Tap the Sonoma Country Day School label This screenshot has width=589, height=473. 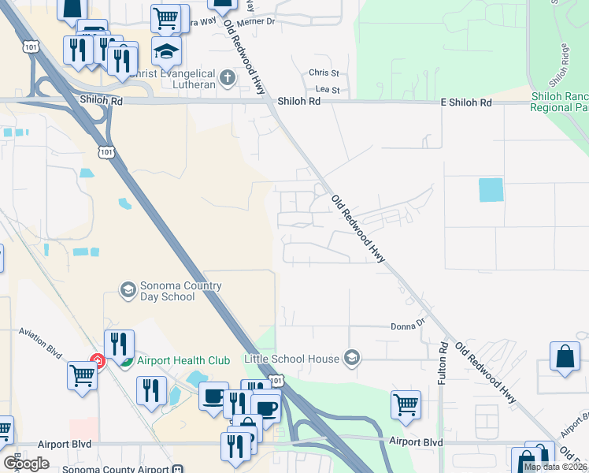click(x=167, y=291)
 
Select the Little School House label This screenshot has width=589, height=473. click(x=292, y=359)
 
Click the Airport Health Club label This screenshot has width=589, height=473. click(x=183, y=360)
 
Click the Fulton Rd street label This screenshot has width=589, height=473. click(x=444, y=363)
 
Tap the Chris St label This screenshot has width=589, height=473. click(x=324, y=73)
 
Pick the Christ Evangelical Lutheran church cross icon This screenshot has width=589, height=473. click(x=228, y=76)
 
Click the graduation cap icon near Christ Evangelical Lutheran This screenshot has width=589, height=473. click(x=167, y=52)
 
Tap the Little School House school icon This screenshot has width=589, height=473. click(x=351, y=359)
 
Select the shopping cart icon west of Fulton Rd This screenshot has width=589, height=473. click(x=405, y=405)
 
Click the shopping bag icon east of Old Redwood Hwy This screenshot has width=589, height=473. click(x=566, y=356)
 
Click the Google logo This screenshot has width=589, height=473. click(x=26, y=464)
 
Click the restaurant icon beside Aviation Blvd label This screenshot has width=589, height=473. click(x=120, y=344)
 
